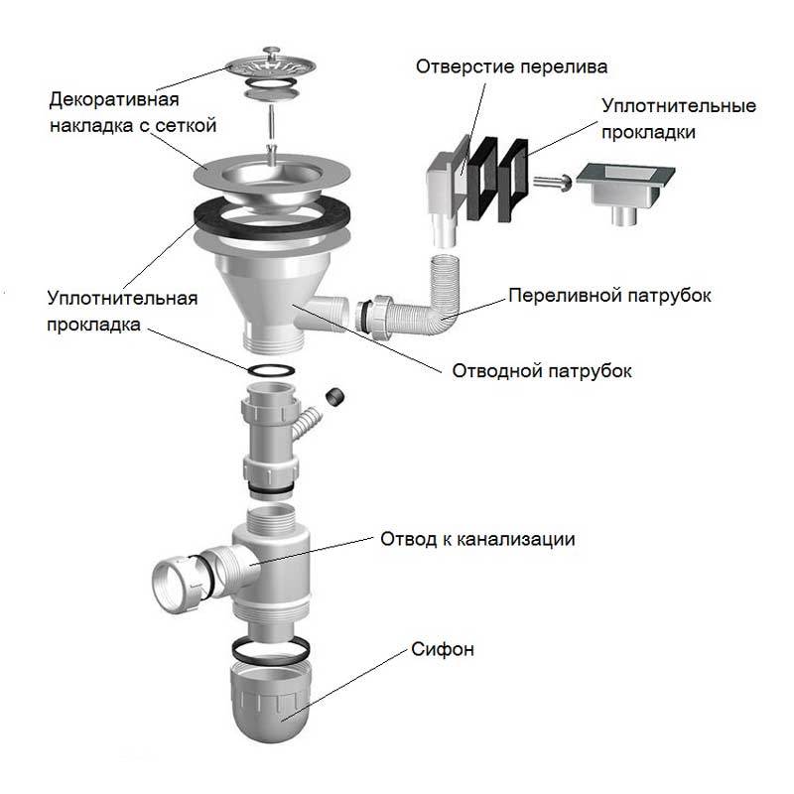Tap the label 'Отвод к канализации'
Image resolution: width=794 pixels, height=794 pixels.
[477, 539]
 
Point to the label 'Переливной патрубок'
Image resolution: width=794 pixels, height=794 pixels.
[609, 296]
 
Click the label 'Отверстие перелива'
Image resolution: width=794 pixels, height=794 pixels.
[511, 67]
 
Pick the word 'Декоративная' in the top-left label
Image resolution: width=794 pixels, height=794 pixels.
[113, 101]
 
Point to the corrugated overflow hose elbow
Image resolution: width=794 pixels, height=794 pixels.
[433, 298]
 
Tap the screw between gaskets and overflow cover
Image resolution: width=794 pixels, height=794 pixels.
[551, 182]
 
